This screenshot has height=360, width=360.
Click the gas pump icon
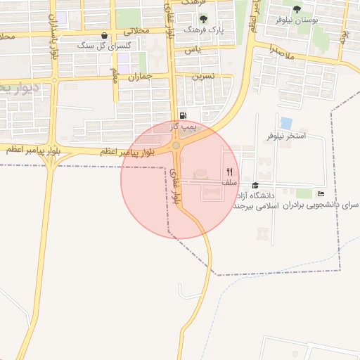point(183,116)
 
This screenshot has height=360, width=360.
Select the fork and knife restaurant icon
point(229,172)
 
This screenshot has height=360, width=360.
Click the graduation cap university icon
point(255,185)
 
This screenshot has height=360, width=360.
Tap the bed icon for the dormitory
point(321,194)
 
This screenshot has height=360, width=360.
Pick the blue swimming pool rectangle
point(286,123)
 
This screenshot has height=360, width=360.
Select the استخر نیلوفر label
point(286,135)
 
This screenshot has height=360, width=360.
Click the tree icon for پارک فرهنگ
point(204,19)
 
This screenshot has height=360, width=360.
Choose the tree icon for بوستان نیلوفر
point(297,9)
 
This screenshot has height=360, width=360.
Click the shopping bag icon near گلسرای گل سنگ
point(105,35)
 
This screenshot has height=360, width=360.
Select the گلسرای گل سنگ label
point(96,45)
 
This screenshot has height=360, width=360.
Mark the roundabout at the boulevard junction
point(176,145)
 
